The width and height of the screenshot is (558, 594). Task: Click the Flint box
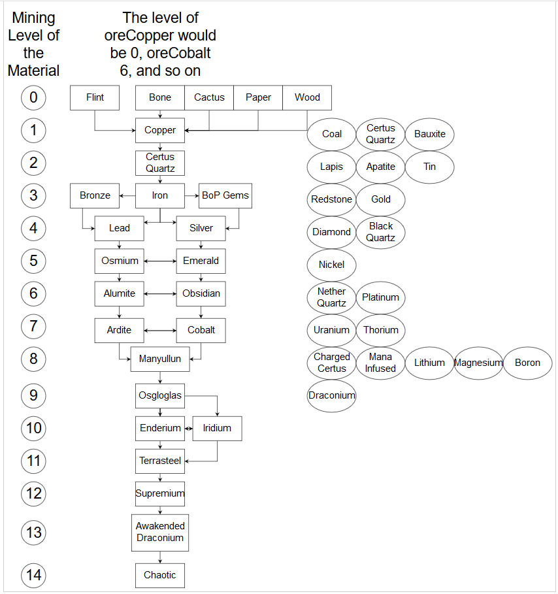(x=95, y=98)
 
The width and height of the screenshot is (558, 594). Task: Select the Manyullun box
(x=160, y=359)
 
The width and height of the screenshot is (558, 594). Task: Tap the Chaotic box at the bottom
(x=160, y=576)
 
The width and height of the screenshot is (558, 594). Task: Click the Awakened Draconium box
(x=160, y=533)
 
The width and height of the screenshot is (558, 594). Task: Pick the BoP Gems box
(x=225, y=196)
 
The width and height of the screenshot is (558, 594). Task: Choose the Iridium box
(x=217, y=429)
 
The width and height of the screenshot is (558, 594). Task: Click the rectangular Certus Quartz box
(x=160, y=163)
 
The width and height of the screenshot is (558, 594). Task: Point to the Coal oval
(x=331, y=134)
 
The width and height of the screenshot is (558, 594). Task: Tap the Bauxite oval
(x=429, y=134)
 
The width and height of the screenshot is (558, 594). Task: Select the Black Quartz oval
(x=381, y=232)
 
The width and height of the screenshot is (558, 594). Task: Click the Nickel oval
(x=331, y=265)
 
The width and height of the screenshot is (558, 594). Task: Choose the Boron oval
(x=528, y=363)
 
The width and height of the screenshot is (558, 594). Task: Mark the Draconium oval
(x=331, y=395)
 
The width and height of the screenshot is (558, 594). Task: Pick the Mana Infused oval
(x=381, y=363)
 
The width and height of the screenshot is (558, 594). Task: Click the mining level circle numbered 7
(x=33, y=326)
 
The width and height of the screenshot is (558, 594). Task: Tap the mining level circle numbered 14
(x=33, y=576)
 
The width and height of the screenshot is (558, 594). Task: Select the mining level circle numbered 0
(x=33, y=98)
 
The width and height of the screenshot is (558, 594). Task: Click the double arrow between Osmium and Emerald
(x=160, y=261)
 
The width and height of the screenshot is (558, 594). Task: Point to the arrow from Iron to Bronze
(x=127, y=196)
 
